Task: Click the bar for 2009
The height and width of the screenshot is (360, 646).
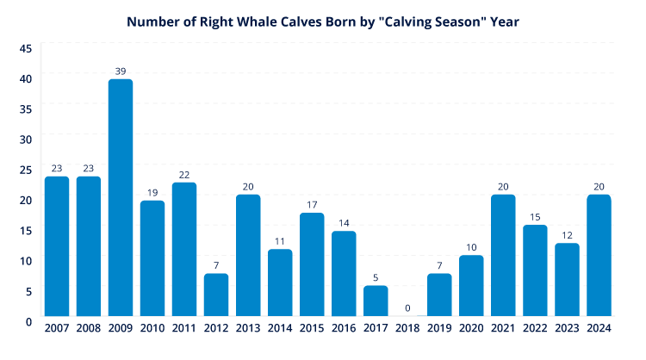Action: pos(121,197)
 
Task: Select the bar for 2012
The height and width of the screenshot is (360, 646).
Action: pos(216,295)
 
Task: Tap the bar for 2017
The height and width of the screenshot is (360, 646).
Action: pos(376,301)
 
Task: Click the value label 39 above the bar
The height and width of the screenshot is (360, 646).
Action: pos(121,71)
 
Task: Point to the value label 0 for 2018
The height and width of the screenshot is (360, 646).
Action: pos(407,307)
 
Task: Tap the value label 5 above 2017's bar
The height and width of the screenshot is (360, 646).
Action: pos(376,277)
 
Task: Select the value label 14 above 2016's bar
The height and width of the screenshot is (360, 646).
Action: pos(344,222)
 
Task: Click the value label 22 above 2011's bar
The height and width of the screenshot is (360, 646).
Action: pos(184,174)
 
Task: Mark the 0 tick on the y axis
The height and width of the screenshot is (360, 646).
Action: pos(28,321)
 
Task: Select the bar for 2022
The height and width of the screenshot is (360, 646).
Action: pos(535,270)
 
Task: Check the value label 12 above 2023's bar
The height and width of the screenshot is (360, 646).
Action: pos(567,234)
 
